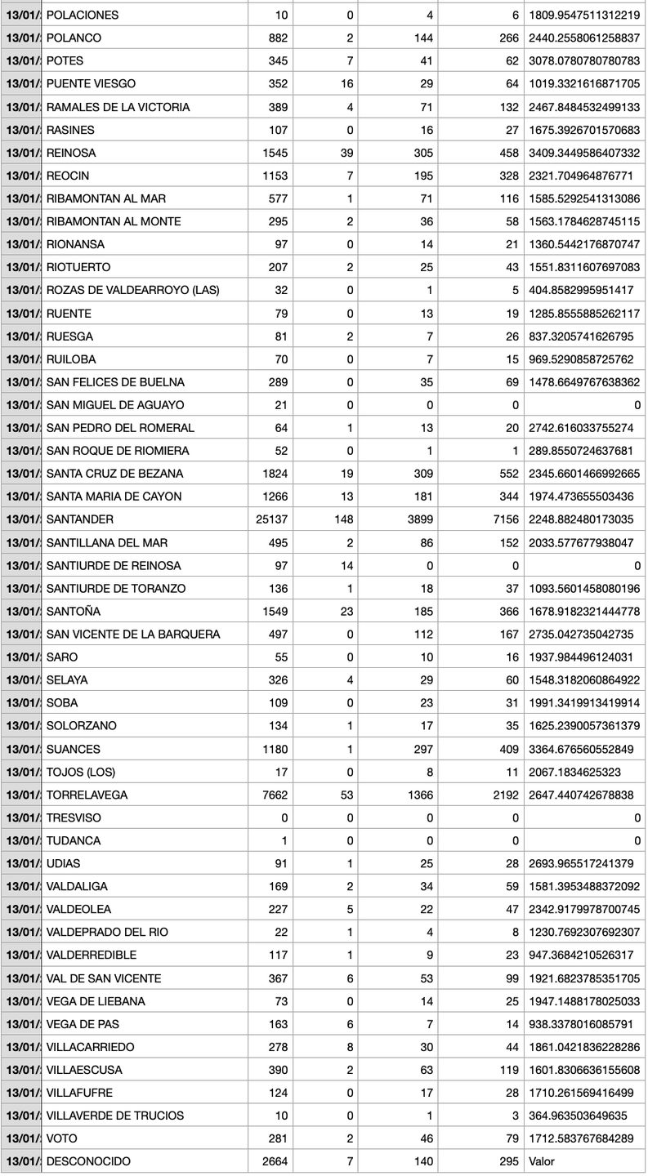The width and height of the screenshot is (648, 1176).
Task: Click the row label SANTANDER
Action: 80,519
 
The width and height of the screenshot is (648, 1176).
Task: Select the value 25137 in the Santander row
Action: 269,519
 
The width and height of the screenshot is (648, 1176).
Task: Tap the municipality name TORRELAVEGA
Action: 87,795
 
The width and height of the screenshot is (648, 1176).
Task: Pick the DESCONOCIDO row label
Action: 88,1161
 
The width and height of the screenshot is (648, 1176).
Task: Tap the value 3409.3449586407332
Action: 584,153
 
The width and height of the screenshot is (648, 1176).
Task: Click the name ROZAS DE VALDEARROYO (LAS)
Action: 132,290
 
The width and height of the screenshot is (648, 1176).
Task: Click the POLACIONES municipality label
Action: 83,15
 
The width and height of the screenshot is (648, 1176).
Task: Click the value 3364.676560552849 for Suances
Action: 582,748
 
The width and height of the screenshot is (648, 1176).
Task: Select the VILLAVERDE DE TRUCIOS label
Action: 115,1116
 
